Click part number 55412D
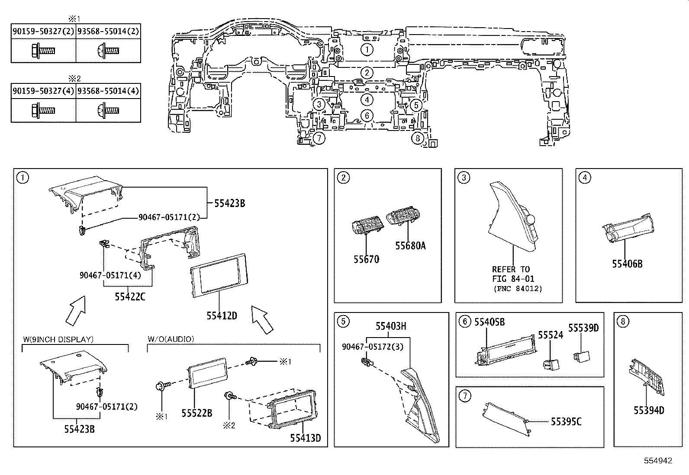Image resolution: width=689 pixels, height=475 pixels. click(x=221, y=316)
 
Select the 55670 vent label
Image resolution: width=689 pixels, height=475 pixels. click(x=366, y=259)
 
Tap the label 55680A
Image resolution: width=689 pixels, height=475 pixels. click(x=410, y=246)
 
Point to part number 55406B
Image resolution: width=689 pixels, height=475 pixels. click(x=627, y=264)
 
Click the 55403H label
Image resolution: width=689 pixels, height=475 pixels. click(x=390, y=327)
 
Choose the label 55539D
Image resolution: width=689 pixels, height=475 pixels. click(x=583, y=328)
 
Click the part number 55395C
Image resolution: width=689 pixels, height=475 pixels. click(x=566, y=422)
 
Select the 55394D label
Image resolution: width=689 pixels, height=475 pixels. click(x=649, y=411)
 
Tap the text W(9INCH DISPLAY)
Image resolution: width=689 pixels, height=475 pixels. click(x=58, y=339)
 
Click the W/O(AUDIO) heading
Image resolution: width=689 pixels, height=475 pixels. click(x=171, y=339)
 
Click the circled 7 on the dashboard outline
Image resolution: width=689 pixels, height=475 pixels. click(x=319, y=138)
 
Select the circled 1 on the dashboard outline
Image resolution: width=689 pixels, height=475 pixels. click(x=367, y=49)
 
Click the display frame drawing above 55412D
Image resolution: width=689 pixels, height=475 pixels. click(x=219, y=275)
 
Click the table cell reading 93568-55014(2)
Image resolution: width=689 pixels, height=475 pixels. click(x=108, y=32)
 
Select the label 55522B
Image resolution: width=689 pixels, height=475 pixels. click(x=196, y=413)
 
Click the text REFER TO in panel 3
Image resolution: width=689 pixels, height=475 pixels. click(x=511, y=269)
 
